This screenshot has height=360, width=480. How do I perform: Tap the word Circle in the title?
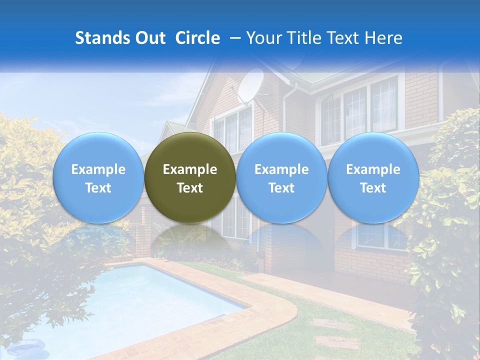197,38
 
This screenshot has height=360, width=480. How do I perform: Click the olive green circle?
190,177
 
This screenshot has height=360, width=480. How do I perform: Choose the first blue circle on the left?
98,177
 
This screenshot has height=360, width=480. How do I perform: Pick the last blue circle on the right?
373,177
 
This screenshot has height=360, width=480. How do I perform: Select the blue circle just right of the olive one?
281,177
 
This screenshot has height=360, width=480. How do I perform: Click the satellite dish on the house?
250,86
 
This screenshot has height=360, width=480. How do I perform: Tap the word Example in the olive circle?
190,169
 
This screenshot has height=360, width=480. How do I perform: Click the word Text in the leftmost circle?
98,188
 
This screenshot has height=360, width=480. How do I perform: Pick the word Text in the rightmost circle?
373,188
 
